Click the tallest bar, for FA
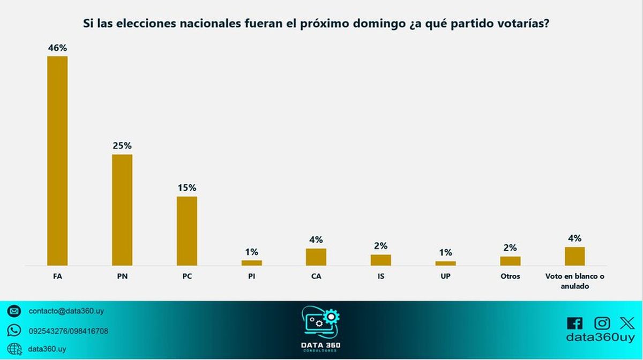point(57,161)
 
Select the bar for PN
point(122,210)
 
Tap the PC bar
point(187,231)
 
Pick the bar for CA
point(316,257)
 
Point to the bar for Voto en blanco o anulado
point(575,256)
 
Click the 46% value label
point(57,48)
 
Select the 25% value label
point(122,146)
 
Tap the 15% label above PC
point(187,188)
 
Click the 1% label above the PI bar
point(252,252)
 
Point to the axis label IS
point(380,277)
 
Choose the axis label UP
point(445,277)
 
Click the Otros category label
point(510,277)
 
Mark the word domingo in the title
point(370,24)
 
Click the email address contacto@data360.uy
point(59,311)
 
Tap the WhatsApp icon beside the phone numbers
point(14,331)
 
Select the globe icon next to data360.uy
point(14,348)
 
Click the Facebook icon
point(574,324)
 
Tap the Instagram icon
point(602,323)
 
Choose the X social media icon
point(627,323)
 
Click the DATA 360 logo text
point(322,344)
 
